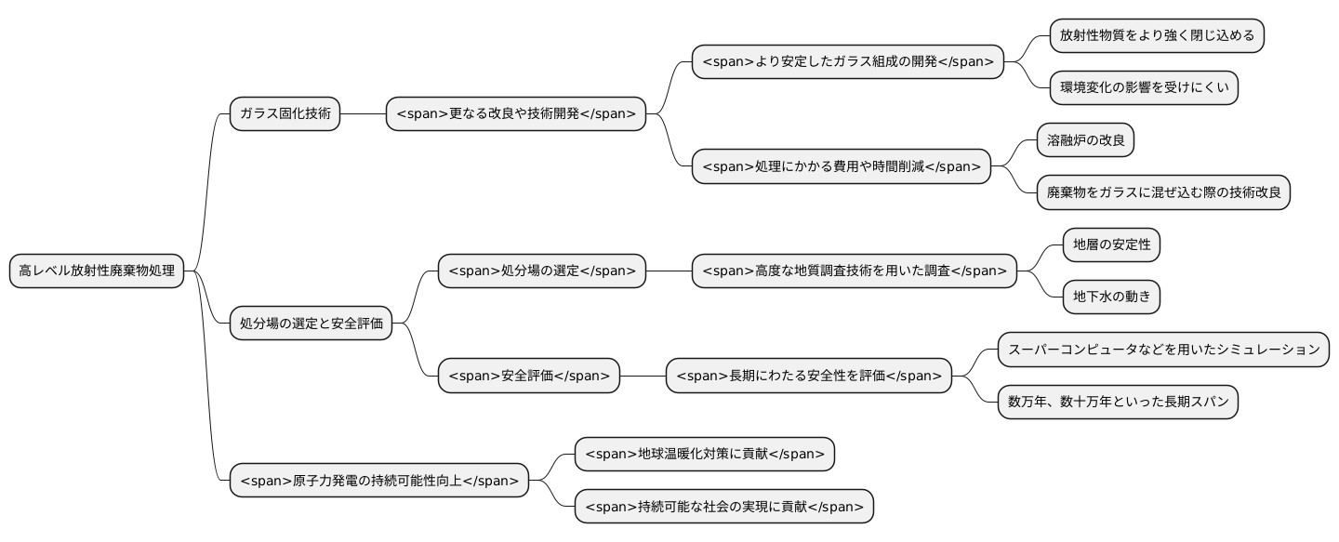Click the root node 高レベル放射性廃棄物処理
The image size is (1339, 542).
[x=97, y=271]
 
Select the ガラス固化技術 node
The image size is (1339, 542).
[x=285, y=114]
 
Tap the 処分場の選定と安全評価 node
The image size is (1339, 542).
[x=311, y=324]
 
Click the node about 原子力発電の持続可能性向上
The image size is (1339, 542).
[x=379, y=481]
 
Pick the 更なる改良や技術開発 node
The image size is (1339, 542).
[x=515, y=114]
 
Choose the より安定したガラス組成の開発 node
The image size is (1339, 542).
[x=848, y=62]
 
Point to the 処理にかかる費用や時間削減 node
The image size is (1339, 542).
[x=841, y=166]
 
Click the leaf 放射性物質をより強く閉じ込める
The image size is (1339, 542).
[x=1157, y=36]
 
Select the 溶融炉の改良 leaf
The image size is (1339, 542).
[x=1085, y=140]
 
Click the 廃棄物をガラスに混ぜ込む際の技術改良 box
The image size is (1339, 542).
[x=1163, y=192]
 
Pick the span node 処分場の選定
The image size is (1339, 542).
[x=541, y=271]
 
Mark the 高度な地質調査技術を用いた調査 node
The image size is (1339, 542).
[x=854, y=271]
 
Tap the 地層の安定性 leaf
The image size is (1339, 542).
[x=1111, y=245]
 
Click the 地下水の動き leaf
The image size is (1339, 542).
[x=1111, y=297]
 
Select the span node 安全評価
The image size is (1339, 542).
[x=528, y=376]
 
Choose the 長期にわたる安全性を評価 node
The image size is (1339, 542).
[x=809, y=376]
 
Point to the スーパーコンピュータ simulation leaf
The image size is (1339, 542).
[x=1163, y=350]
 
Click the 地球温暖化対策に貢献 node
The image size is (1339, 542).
[x=704, y=455]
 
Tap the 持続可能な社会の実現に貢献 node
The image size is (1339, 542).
[x=723, y=507]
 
